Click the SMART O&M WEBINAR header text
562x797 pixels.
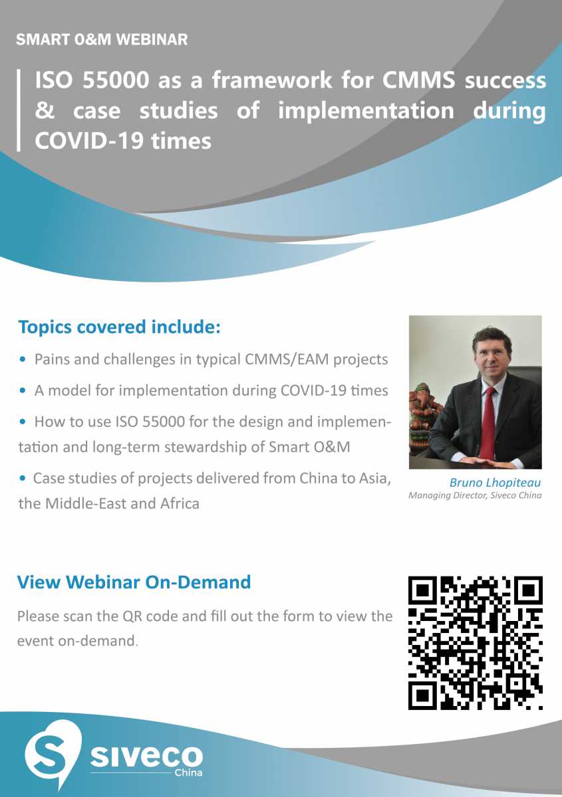[102, 39]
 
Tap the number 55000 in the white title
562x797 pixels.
[116, 80]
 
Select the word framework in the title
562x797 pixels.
[272, 80]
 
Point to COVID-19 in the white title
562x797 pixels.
[89, 141]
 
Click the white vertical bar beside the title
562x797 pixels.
[19, 110]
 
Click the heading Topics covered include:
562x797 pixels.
[120, 327]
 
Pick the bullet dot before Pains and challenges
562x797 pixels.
[23, 360]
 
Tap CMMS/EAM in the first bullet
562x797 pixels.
[287, 359]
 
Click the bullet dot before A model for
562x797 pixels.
[23, 391]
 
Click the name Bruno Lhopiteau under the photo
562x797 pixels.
[495, 482]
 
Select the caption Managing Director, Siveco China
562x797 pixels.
[475, 495]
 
